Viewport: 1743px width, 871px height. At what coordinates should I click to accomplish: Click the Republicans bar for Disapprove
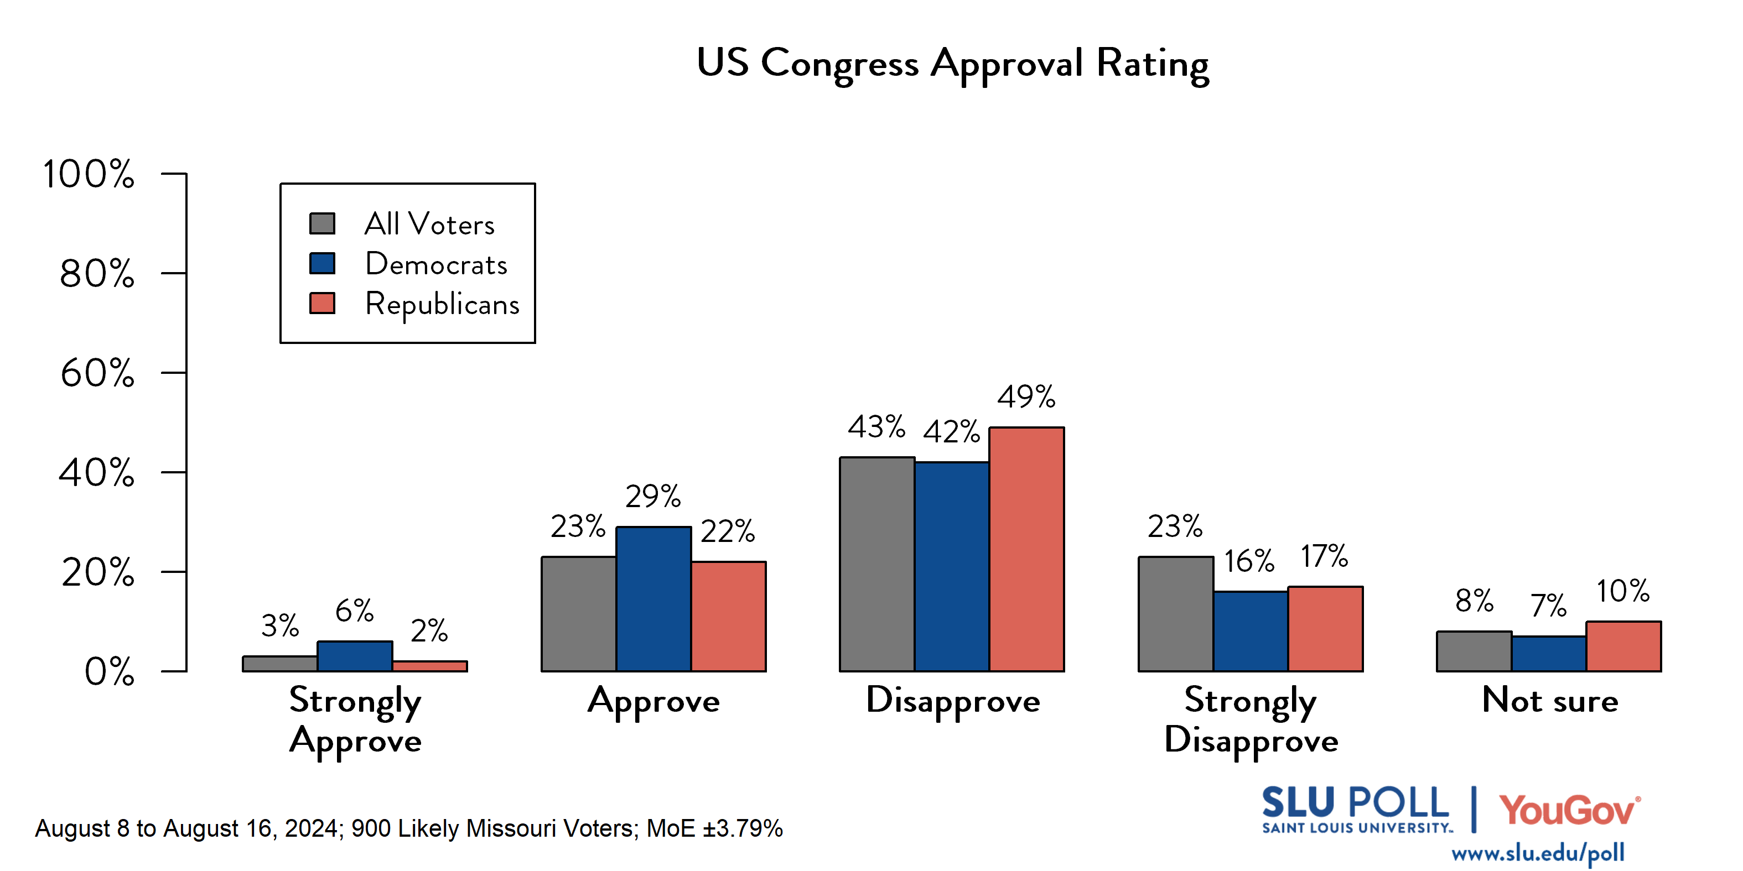click(x=1026, y=549)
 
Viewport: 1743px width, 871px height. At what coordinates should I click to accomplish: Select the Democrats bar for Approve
click(x=653, y=599)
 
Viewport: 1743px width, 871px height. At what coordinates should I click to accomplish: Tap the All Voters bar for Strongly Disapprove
click(x=1175, y=614)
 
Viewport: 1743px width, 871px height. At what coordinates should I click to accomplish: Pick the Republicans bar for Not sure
click(x=1623, y=646)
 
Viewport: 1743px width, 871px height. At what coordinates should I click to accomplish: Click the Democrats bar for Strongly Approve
click(x=355, y=656)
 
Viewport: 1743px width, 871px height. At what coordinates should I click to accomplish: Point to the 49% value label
click(x=1026, y=397)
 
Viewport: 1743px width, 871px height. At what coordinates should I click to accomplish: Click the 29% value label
click(x=652, y=497)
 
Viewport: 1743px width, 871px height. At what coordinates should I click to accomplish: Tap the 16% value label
click(x=1248, y=561)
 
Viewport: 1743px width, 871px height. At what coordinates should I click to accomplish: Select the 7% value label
click(x=1548, y=605)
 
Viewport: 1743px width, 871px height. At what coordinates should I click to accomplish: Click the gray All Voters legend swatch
click(x=322, y=224)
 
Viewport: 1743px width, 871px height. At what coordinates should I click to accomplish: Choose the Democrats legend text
click(x=436, y=264)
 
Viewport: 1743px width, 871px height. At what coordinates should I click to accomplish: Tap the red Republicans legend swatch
click(x=322, y=303)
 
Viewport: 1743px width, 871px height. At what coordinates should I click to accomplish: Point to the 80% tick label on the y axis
click(x=97, y=274)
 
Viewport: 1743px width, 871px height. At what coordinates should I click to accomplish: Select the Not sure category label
click(x=1549, y=700)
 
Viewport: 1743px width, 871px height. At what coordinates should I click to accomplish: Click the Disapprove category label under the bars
click(x=953, y=701)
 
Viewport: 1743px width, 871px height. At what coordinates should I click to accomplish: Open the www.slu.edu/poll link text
click(x=1537, y=853)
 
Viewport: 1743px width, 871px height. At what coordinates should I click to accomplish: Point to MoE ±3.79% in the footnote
click(x=714, y=828)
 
